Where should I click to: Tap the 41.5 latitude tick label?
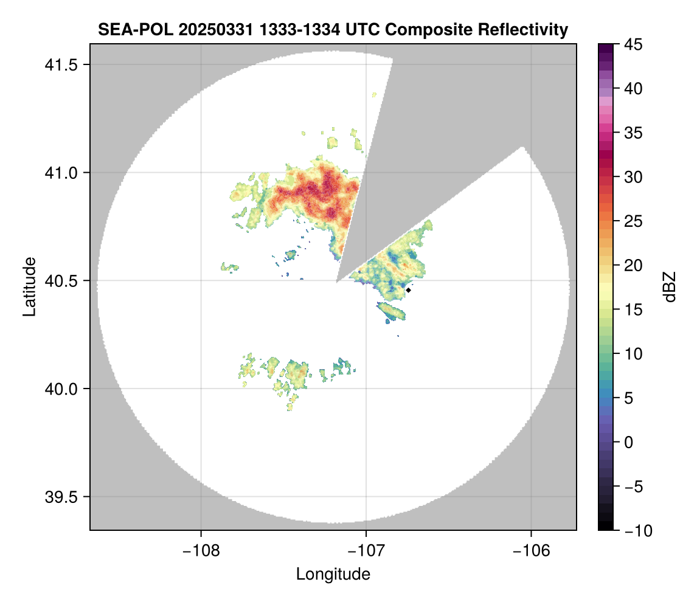click(63, 64)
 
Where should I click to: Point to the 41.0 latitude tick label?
click(63, 173)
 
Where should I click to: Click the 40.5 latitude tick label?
click(63, 281)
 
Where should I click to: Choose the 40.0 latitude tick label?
click(63, 389)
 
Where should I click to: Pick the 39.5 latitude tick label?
click(63, 497)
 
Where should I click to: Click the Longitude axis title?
click(333, 574)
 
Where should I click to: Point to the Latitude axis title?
click(29, 286)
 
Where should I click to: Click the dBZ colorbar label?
click(670, 287)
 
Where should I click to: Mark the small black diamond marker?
click(409, 290)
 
